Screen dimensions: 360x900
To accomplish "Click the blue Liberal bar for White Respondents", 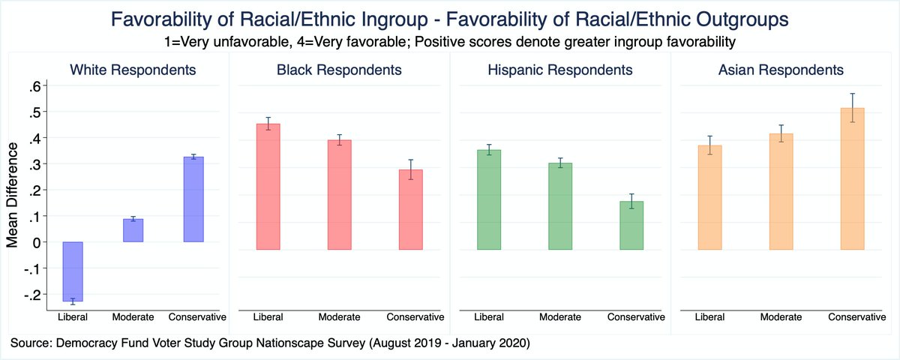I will tap(73, 271).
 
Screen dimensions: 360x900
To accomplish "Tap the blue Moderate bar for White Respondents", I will tap(133, 230).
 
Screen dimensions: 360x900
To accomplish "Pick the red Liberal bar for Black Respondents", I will tap(268, 187).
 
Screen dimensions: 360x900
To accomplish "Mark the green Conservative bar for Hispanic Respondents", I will tap(631, 225).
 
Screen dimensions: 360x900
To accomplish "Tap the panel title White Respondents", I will tap(133, 70).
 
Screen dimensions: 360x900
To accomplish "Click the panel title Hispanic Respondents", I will tap(559, 70).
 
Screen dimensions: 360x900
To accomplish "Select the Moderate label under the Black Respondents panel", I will tap(339, 316).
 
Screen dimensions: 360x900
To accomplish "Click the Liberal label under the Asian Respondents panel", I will tap(709, 316).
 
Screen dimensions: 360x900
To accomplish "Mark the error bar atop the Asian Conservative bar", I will tap(852, 108).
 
